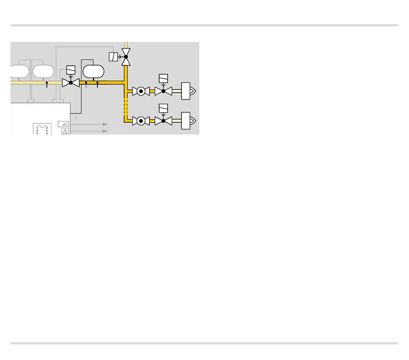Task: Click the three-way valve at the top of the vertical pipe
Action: [126, 57]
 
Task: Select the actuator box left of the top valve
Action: [113, 57]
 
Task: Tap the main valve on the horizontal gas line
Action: [71, 82]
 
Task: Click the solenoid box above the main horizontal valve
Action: [71, 70]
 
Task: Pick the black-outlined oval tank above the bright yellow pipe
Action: [93, 71]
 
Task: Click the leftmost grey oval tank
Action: [19, 71]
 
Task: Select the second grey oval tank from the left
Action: [43, 71]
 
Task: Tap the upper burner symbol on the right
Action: [188, 91]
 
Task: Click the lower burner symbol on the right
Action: [188, 121]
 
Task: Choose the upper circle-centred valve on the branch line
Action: [141, 91]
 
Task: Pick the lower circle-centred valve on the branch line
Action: [141, 121]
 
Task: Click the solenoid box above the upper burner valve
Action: [163, 78]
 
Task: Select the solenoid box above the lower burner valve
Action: [163, 108]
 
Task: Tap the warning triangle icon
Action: [65, 131]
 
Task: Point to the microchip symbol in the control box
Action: [42, 129]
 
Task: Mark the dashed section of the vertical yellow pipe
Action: [126, 106]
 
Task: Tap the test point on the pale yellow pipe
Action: [47, 84]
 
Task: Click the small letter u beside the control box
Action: [76, 117]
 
